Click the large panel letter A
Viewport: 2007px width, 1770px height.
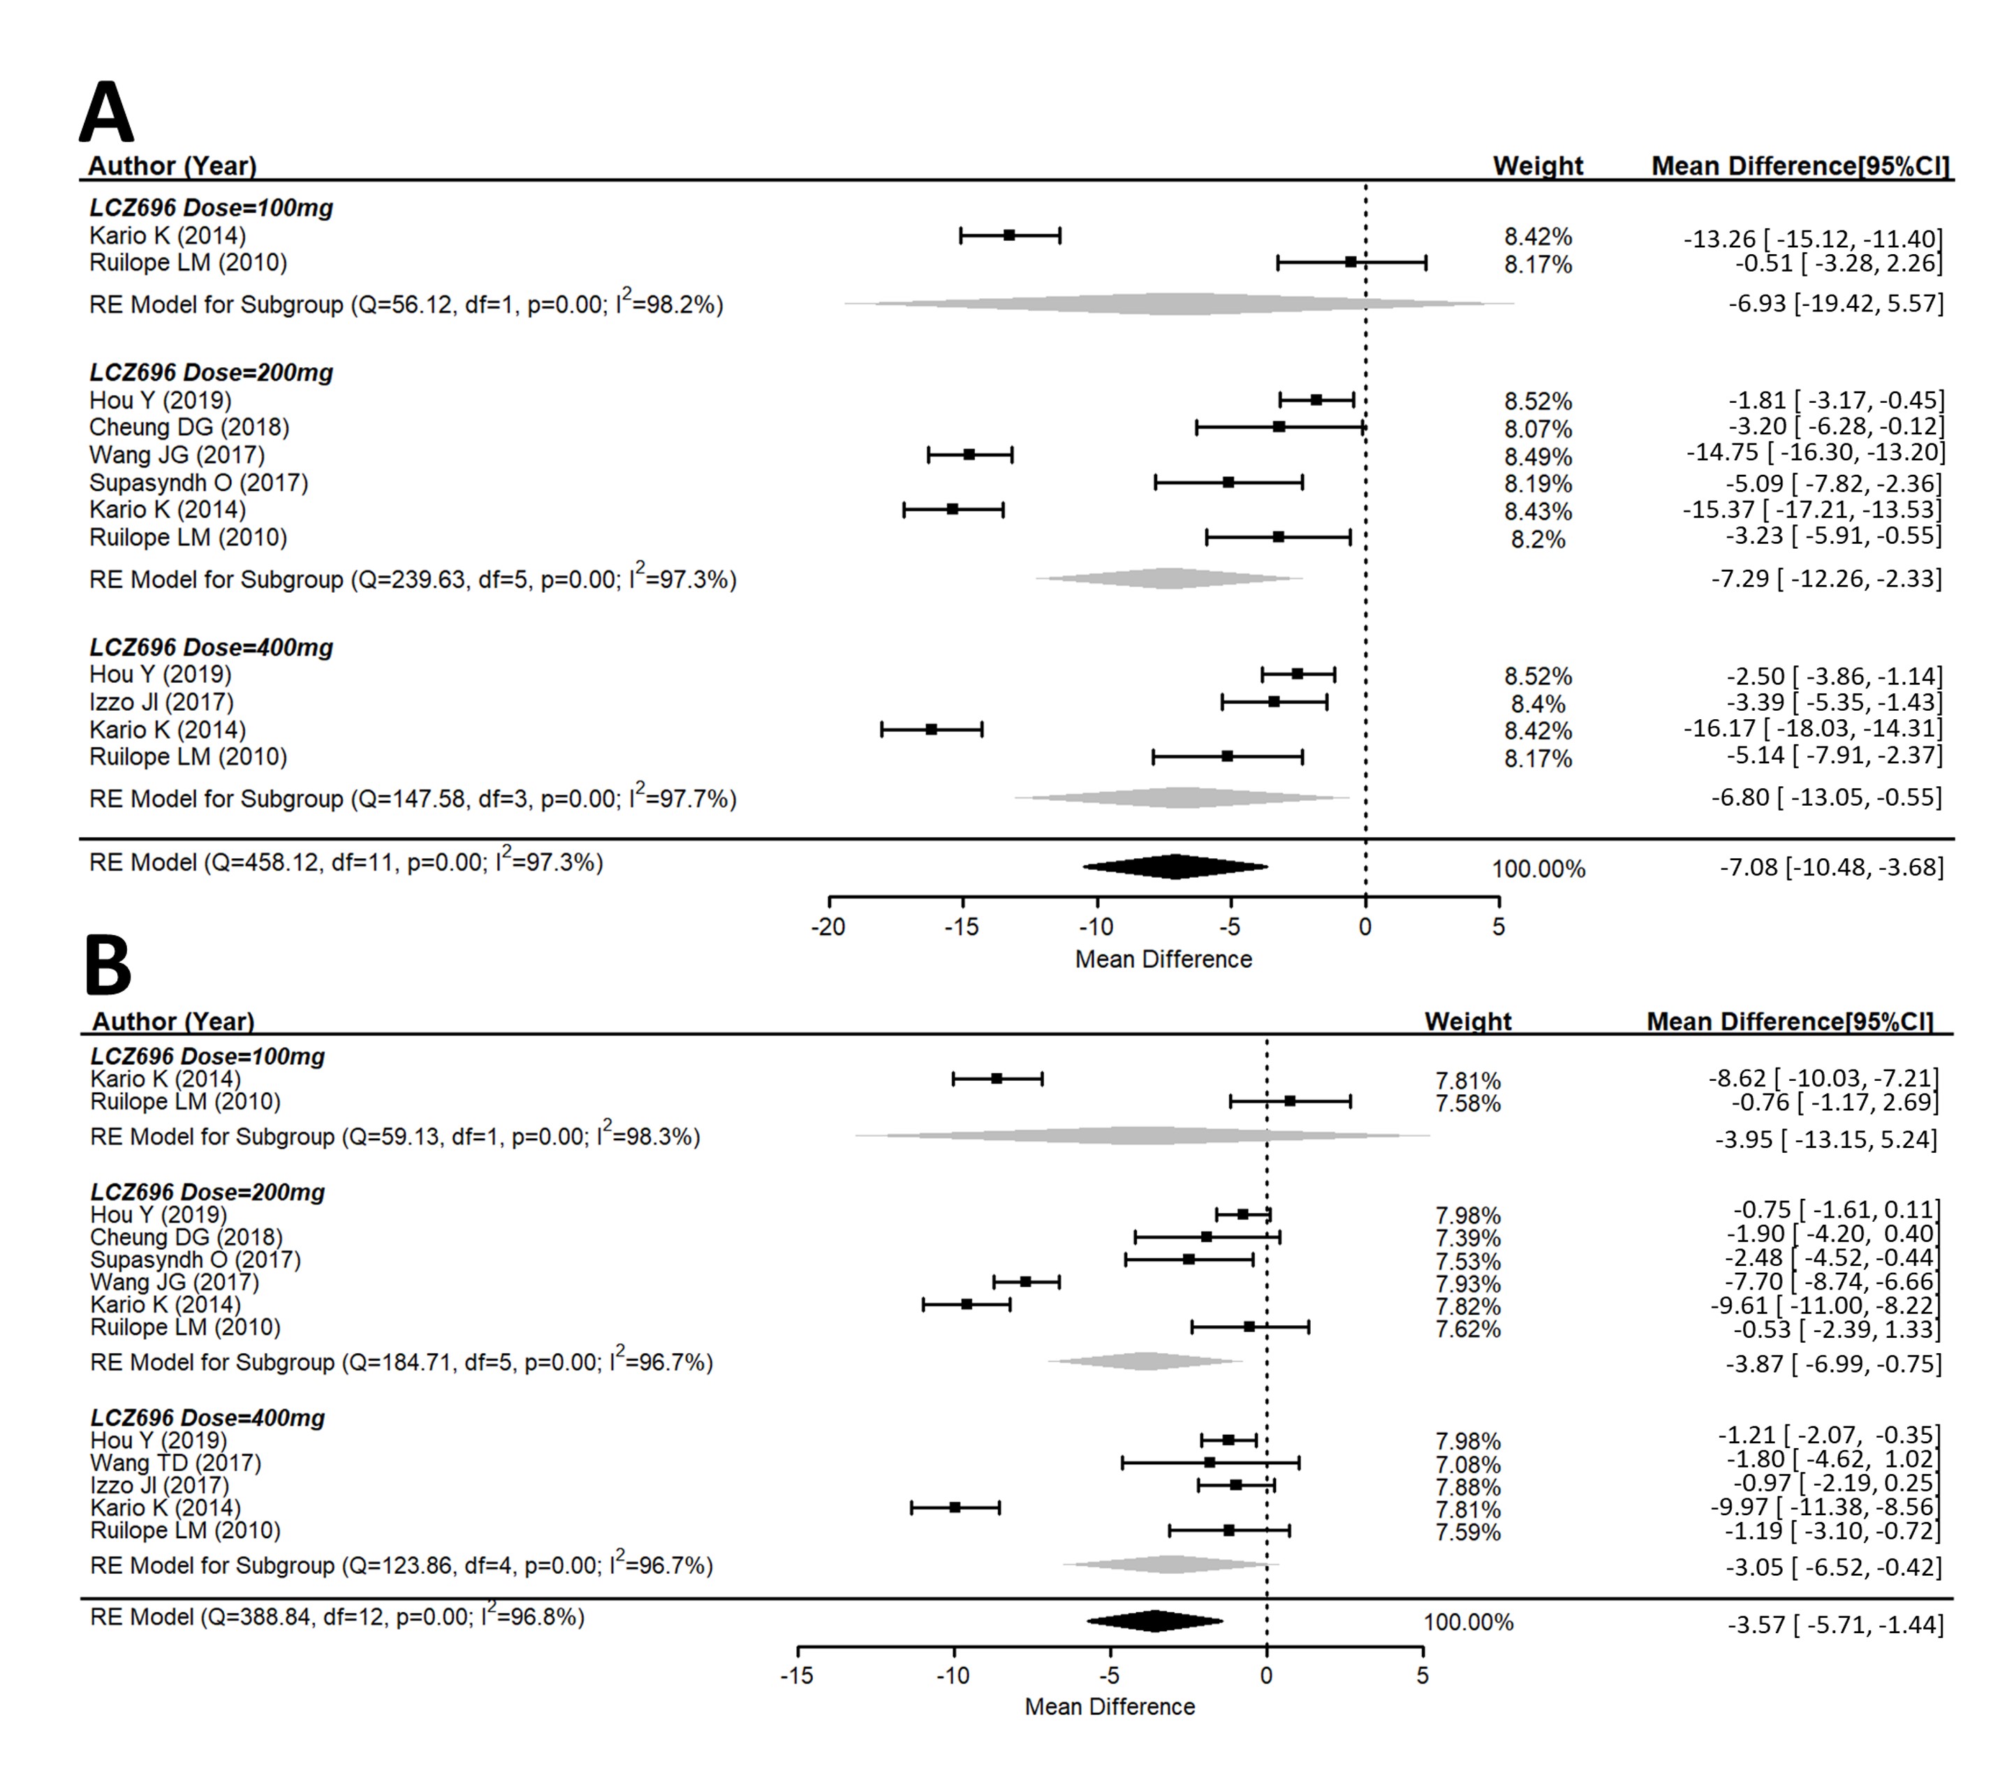[x=106, y=113]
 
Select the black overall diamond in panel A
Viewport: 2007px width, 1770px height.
[x=1175, y=866]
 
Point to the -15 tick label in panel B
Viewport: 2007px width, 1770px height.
[x=796, y=1676]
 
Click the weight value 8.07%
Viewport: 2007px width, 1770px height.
[x=1538, y=429]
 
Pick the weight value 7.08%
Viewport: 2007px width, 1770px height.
[x=1468, y=1465]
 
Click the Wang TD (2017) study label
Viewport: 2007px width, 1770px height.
[x=176, y=1463]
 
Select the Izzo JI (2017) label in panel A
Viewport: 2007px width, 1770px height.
[x=161, y=702]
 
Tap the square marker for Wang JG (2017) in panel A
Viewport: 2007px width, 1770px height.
[x=969, y=455]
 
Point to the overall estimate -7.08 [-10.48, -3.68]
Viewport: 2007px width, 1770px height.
[x=1830, y=866]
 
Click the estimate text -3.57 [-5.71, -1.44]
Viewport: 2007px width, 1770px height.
[x=1835, y=1625]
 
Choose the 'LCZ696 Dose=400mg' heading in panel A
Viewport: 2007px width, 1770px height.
[x=211, y=648]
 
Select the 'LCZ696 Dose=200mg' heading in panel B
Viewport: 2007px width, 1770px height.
[x=207, y=1192]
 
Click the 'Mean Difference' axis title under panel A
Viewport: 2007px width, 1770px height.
[x=1163, y=959]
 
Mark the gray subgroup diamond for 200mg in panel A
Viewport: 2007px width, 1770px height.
[x=1168, y=578]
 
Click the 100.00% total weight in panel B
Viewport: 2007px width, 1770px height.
[x=1468, y=1622]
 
